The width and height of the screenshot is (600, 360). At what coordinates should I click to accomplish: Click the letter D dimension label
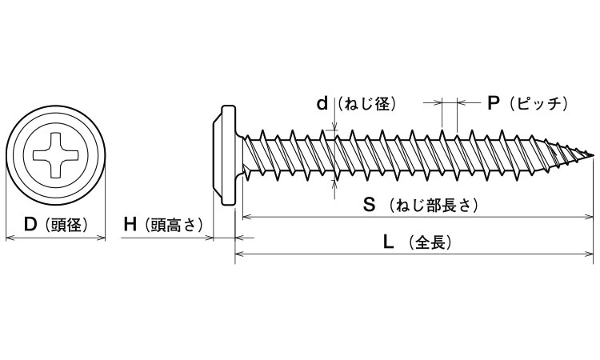click(x=30, y=225)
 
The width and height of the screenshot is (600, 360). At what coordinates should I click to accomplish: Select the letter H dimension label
click(x=130, y=225)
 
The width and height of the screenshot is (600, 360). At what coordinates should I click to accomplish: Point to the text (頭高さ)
click(x=171, y=225)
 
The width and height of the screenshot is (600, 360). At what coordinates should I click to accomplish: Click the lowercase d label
click(x=322, y=103)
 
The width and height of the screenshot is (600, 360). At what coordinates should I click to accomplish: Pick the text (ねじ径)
click(x=367, y=103)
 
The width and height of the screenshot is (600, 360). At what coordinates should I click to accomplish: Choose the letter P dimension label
click(x=494, y=103)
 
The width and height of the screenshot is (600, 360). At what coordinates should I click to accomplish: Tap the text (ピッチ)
click(x=538, y=103)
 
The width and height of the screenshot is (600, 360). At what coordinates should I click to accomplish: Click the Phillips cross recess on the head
click(x=56, y=154)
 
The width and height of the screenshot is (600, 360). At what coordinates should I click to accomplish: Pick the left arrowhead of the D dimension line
click(x=10, y=237)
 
